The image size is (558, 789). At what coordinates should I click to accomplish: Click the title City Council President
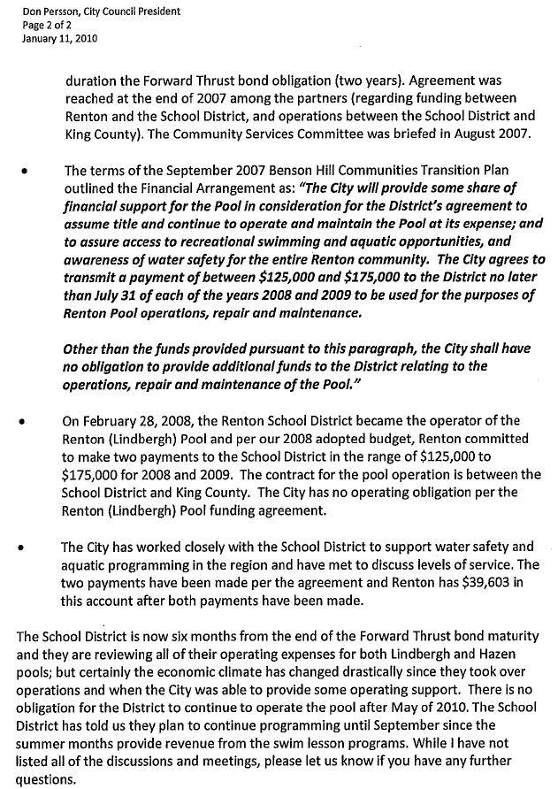(131, 11)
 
